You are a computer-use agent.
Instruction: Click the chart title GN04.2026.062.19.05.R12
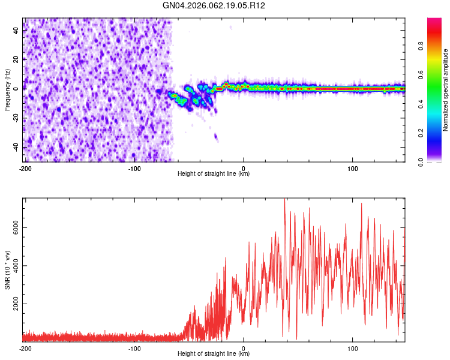tap(214, 6)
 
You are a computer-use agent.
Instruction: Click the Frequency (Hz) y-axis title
tap(7, 91)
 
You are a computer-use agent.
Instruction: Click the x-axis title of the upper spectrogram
tap(214, 174)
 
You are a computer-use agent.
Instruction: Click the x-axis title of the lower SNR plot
tap(214, 354)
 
